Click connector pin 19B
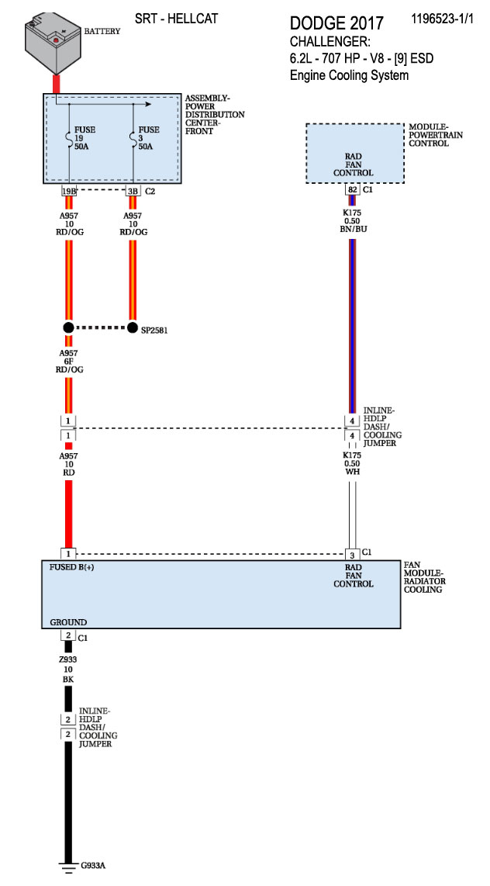tap(68, 191)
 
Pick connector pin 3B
tap(133, 191)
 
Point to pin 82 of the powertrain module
tap(353, 189)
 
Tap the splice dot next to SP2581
tap(133, 327)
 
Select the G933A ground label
tap(93, 865)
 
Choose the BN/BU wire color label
tap(353, 230)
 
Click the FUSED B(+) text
tap(78, 566)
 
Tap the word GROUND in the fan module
tap(68, 622)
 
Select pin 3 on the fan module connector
tap(352, 554)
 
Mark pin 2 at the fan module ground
tap(68, 635)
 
